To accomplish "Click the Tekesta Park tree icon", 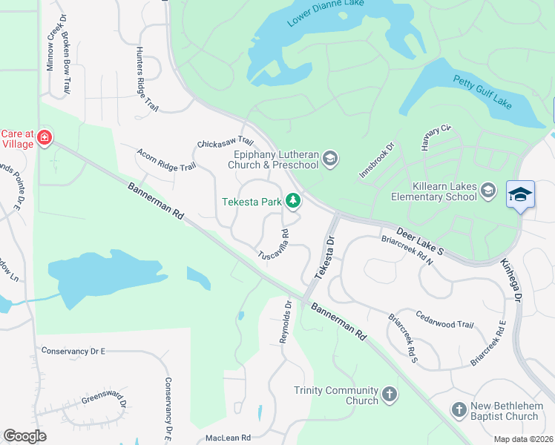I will (295, 200).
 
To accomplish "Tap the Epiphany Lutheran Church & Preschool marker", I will (331, 158).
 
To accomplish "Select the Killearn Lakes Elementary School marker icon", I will (488, 191).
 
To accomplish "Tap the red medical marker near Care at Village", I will (45, 138).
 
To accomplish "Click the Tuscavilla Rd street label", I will (272, 245).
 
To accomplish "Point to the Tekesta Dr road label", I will (324, 257).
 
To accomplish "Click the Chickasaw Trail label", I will (226, 142).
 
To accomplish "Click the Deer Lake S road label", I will (420, 242).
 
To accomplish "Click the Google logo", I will (24, 436).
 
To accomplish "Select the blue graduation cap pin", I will (520, 195).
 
